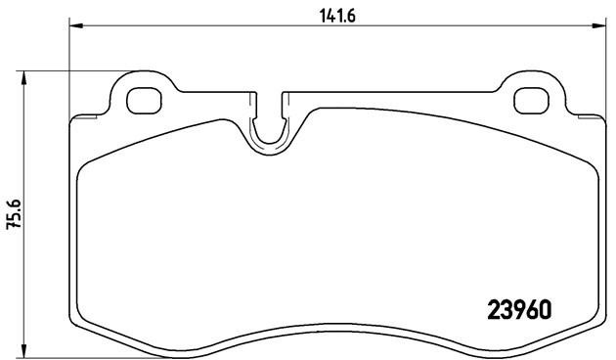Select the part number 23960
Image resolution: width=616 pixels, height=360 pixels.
click(x=519, y=309)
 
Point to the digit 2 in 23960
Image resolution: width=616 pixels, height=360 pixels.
click(x=493, y=309)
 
